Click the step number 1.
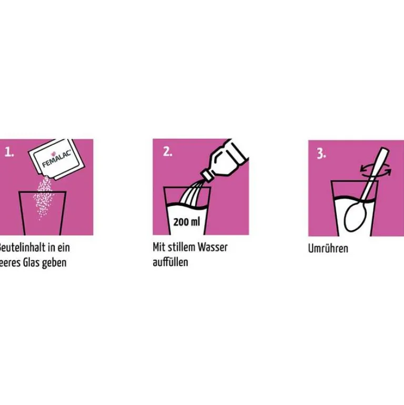click(9, 153)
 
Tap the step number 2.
click(167, 152)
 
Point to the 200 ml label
click(187, 222)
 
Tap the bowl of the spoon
click(353, 214)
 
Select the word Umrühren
click(328, 249)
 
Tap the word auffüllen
click(170, 262)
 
